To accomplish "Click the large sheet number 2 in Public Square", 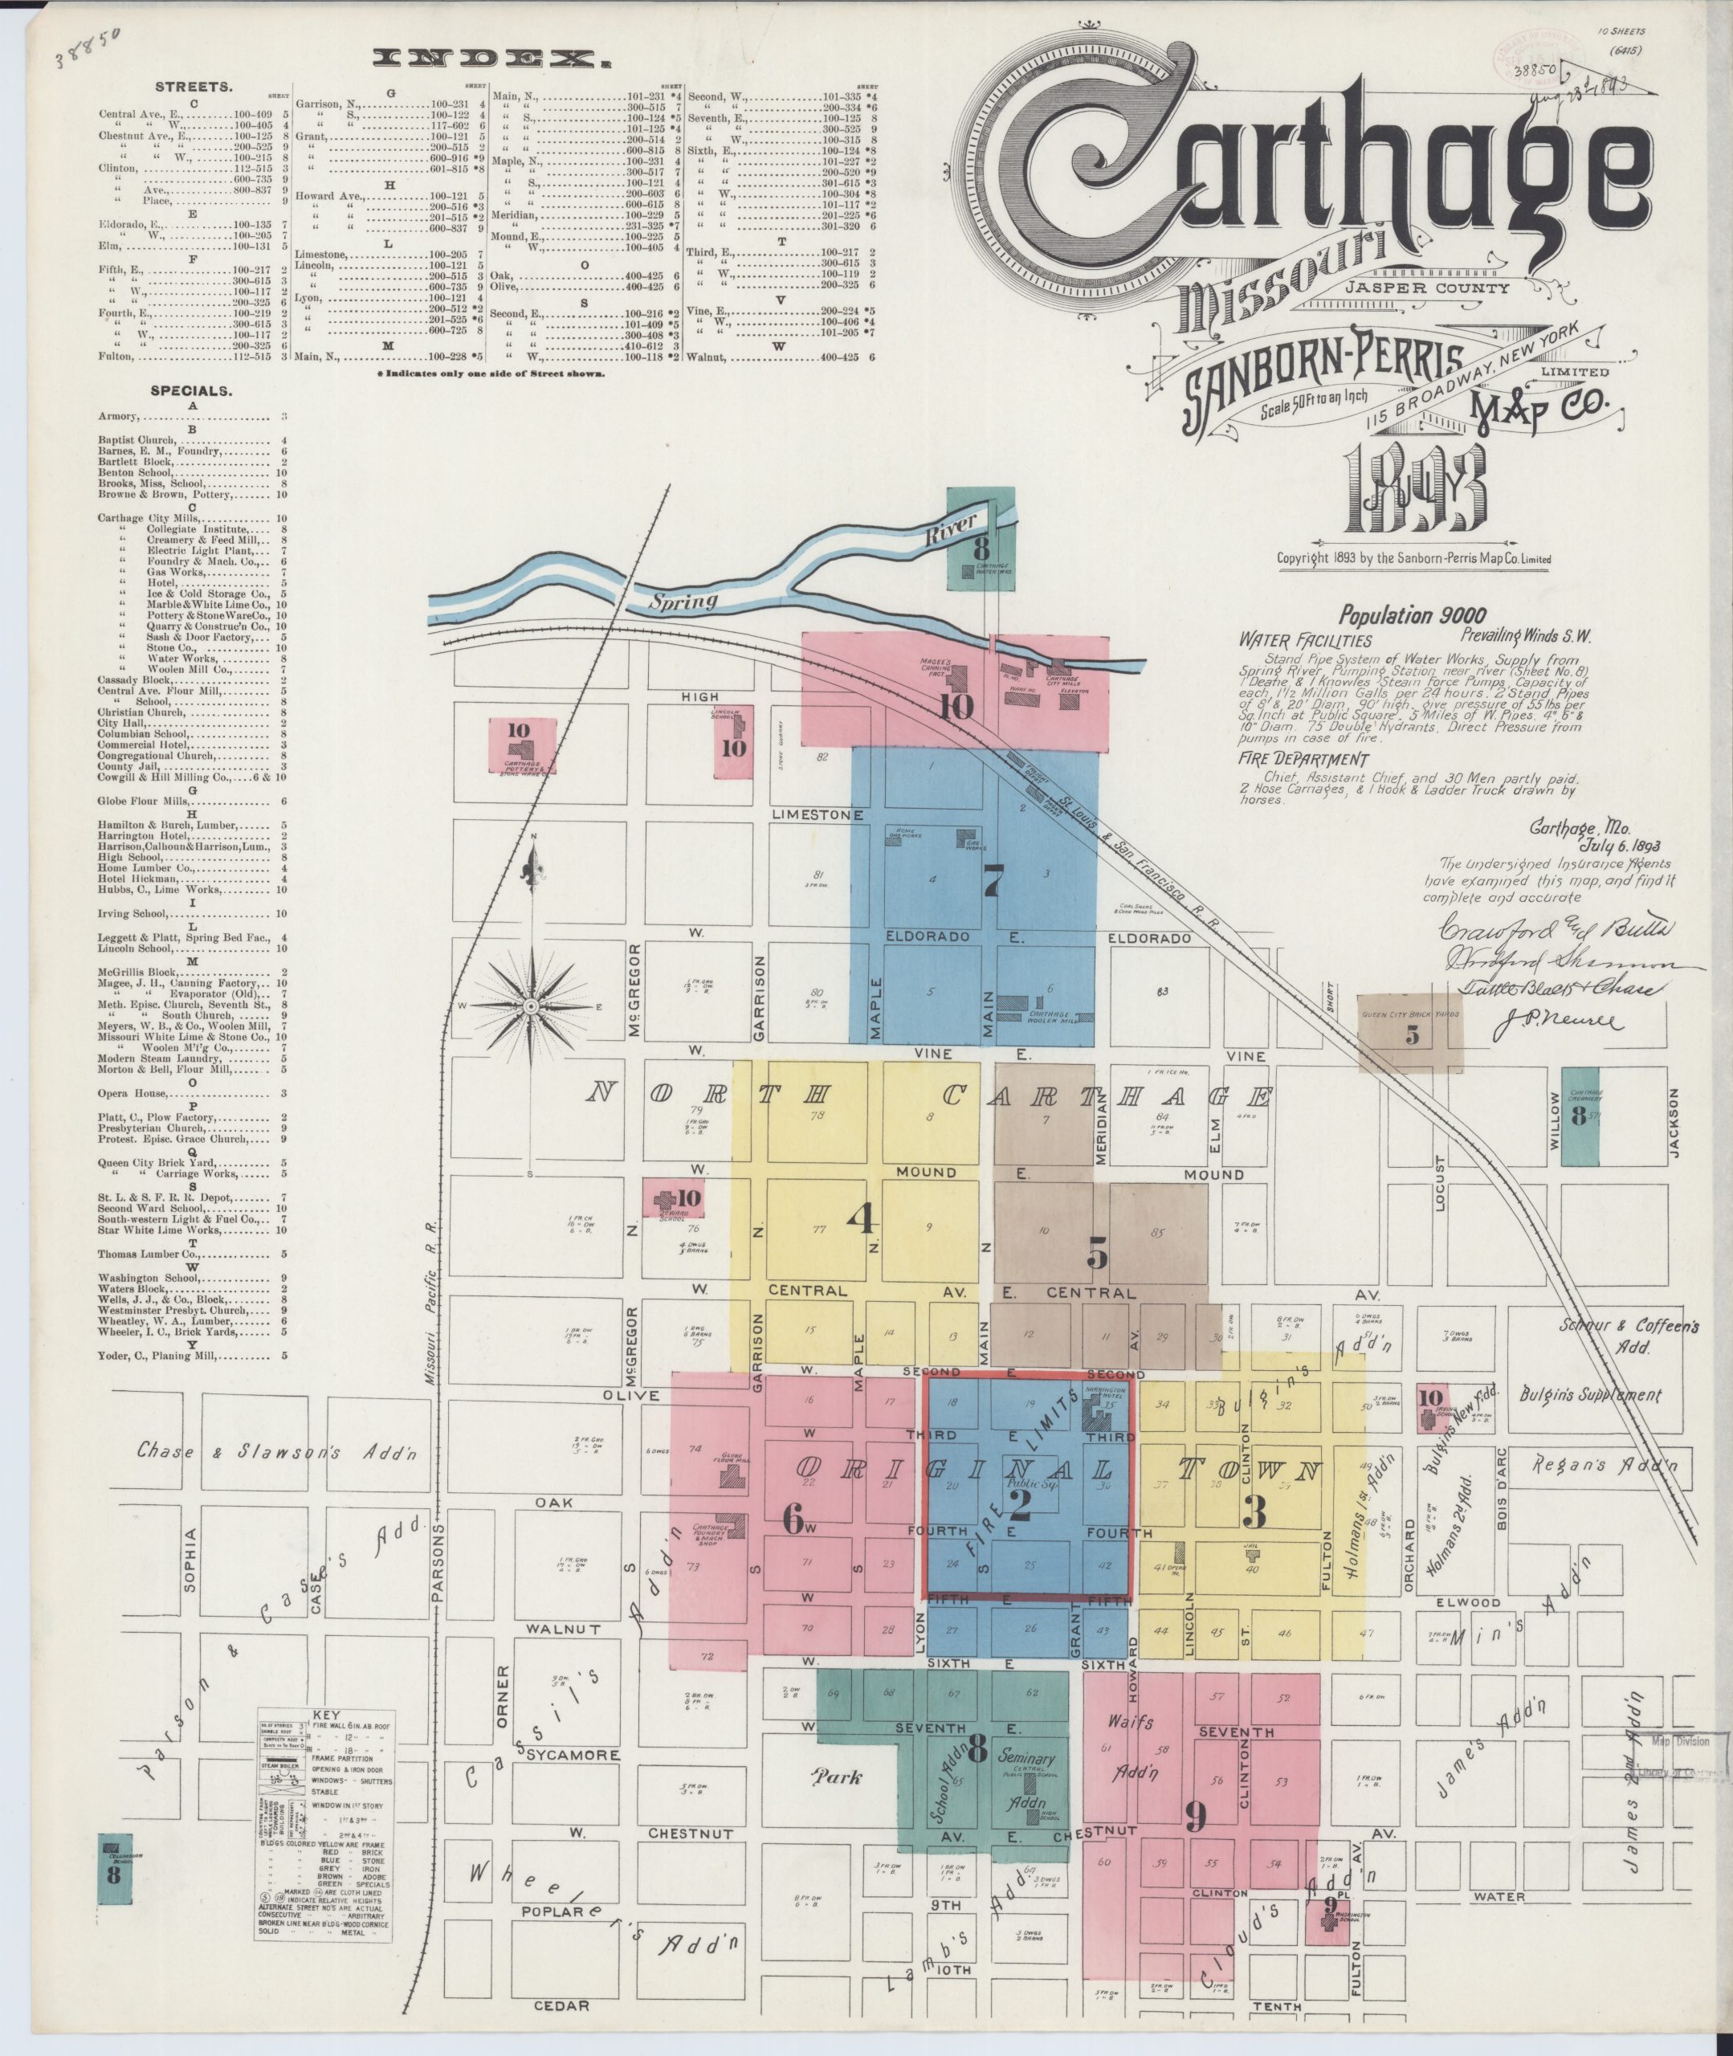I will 1019,1507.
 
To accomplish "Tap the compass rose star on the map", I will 531,1007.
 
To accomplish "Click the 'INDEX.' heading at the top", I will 488,61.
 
